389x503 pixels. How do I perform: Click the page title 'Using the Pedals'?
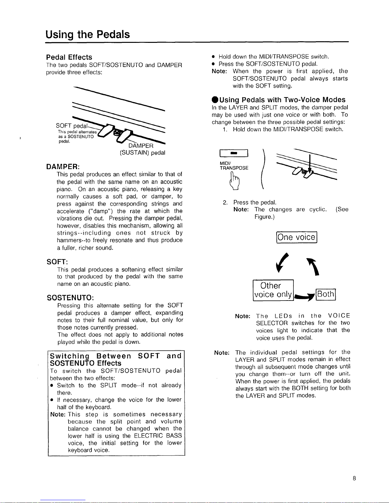88,35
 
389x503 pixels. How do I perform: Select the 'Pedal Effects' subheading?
69,57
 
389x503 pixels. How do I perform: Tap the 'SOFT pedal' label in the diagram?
72,126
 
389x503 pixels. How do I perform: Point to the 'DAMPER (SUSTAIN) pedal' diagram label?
142,149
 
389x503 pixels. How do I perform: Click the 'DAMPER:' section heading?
63,167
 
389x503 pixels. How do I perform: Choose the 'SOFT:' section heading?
57,262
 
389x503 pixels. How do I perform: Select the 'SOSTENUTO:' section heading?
70,298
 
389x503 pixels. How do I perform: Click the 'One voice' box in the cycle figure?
297,237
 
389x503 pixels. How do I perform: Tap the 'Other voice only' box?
273,290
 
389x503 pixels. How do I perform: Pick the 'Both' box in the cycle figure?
326,294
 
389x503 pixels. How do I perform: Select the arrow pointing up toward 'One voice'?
313,267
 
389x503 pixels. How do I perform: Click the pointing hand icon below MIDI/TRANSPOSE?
235,182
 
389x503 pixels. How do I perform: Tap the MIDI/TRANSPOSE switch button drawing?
234,153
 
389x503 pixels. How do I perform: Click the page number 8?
354,478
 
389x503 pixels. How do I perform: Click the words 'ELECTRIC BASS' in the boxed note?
158,436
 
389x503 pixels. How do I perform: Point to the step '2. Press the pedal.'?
250,202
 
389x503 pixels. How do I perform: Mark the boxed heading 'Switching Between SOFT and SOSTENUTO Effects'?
116,359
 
